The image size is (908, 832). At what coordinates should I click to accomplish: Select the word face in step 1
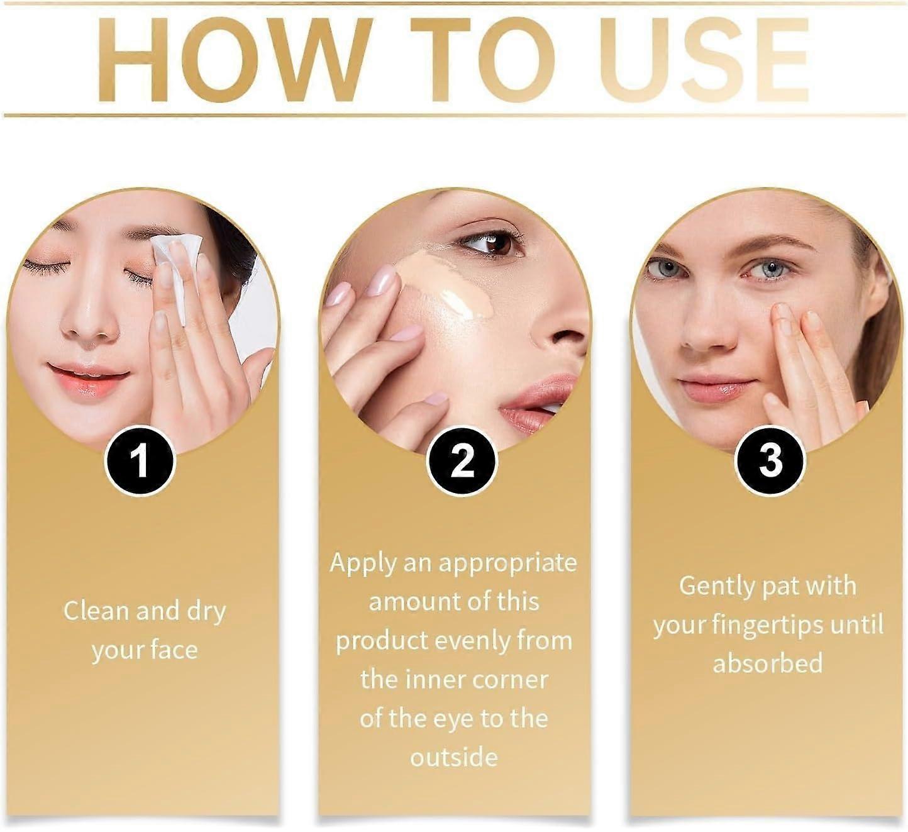point(170,650)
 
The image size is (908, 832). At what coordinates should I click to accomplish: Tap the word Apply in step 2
point(362,563)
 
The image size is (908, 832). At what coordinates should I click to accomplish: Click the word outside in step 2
point(453,757)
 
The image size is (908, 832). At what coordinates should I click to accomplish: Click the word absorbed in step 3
point(768,663)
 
